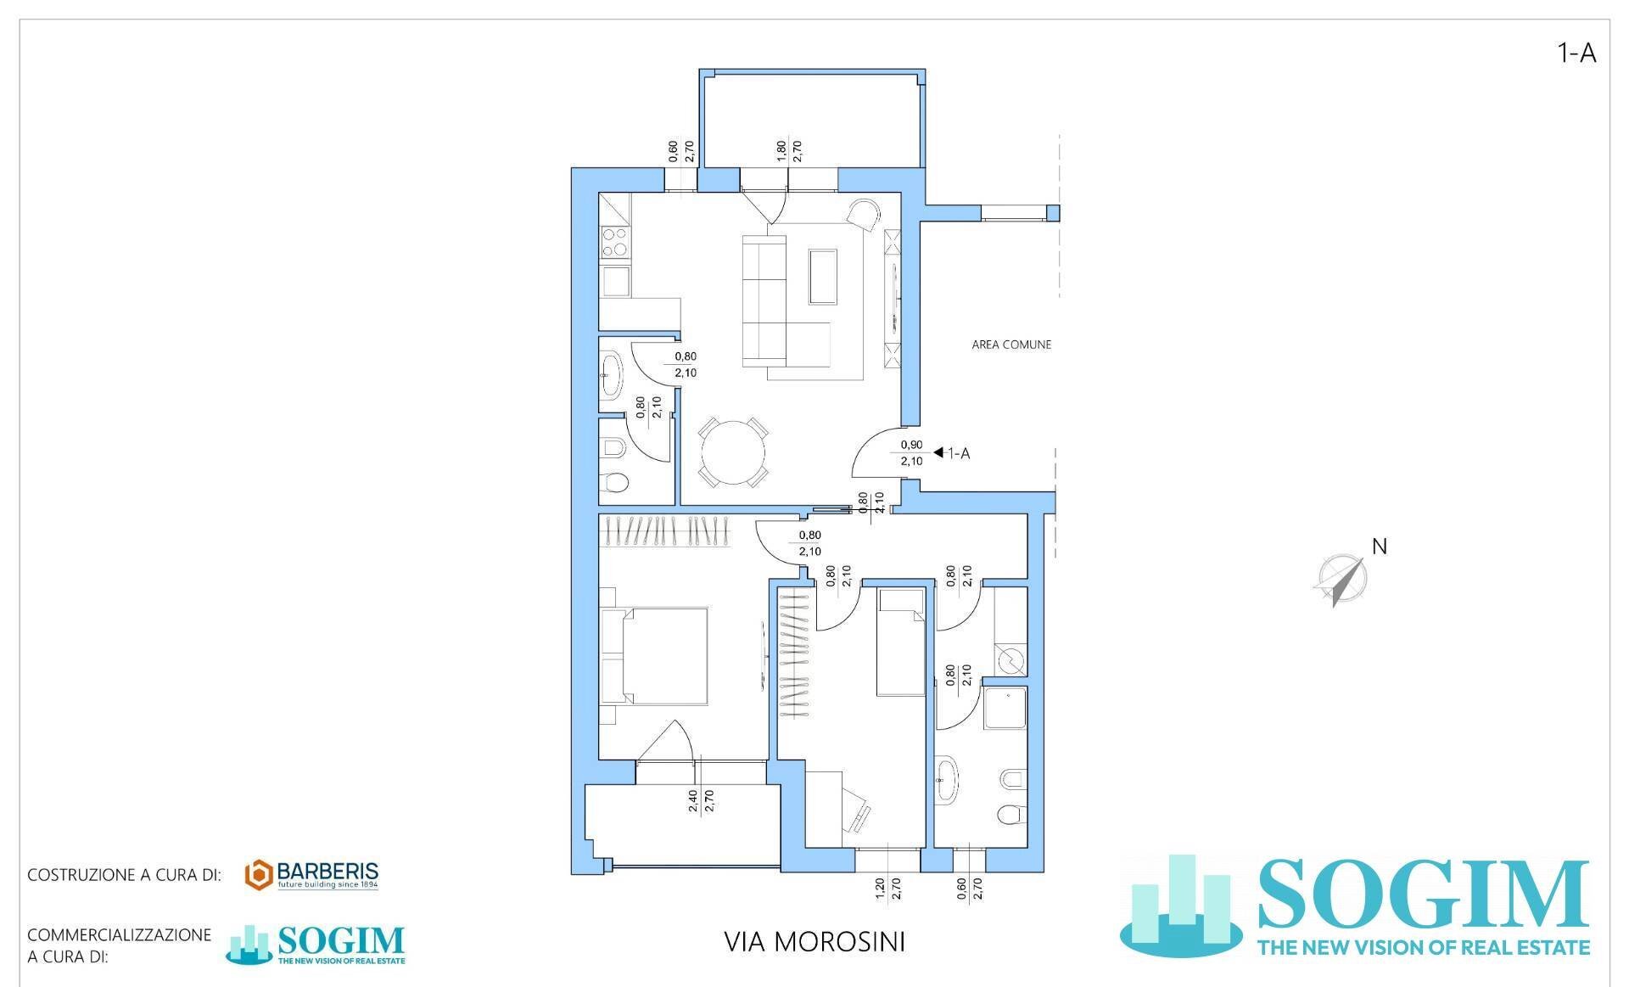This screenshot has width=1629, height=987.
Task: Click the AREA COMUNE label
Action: (x=1010, y=345)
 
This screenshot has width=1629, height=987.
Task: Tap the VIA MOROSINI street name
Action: (x=814, y=941)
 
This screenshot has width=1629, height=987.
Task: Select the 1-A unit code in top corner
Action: (x=1576, y=53)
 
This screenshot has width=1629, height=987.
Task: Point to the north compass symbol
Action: (x=1340, y=580)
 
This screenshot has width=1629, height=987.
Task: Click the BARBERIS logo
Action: (x=311, y=875)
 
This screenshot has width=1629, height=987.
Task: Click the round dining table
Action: (x=732, y=454)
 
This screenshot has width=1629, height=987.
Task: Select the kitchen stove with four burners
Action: (x=614, y=243)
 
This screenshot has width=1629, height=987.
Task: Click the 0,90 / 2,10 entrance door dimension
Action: (x=911, y=453)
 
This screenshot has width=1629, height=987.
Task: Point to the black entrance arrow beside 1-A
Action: (x=938, y=453)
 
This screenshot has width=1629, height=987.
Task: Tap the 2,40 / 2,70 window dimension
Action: (x=702, y=801)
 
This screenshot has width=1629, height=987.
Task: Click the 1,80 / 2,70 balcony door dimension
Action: (x=789, y=151)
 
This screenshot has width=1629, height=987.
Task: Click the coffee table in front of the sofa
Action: (x=822, y=276)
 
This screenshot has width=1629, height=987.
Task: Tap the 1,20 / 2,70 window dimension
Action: (x=888, y=900)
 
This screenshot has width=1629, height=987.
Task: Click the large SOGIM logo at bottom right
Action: (x=1357, y=907)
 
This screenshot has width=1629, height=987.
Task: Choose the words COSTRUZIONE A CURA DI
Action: (x=124, y=875)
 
